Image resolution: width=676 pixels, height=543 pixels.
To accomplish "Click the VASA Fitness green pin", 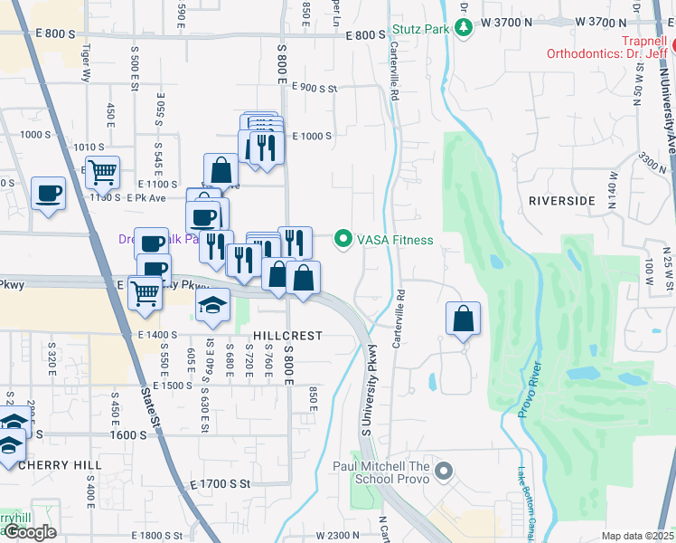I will tap(343, 240).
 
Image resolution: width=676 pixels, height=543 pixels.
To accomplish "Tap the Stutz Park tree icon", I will tap(464, 28).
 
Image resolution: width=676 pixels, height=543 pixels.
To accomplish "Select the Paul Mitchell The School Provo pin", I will tap(443, 471).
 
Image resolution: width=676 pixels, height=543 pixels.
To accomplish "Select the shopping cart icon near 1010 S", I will tap(102, 171).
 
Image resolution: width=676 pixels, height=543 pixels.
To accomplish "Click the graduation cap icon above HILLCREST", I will tap(212, 304).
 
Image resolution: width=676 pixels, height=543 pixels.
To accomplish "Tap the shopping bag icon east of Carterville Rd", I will tap(463, 319).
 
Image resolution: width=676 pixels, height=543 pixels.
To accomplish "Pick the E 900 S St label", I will tap(315, 89).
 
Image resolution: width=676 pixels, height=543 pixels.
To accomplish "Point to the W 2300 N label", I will tap(340, 536).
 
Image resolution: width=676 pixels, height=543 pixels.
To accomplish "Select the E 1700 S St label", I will tap(220, 484).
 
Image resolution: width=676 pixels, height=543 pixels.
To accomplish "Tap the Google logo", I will tap(30, 532).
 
